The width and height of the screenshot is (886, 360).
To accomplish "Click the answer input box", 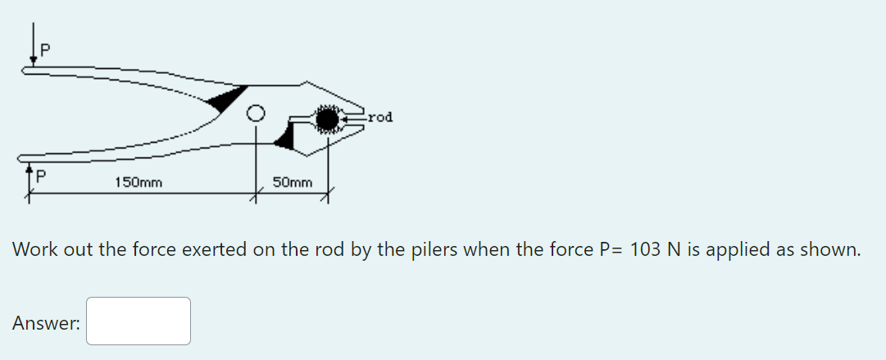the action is point(139,321).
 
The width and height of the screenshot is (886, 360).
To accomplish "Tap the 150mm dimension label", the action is point(138,181).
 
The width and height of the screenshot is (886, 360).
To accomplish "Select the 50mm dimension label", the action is point(292,181).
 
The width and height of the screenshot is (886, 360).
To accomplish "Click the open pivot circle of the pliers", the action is point(257,115).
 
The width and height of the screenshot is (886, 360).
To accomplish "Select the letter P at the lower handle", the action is point(39,175).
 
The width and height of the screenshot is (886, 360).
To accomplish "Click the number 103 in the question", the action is point(645,248).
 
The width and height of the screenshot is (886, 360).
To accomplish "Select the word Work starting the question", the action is point(35,248).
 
